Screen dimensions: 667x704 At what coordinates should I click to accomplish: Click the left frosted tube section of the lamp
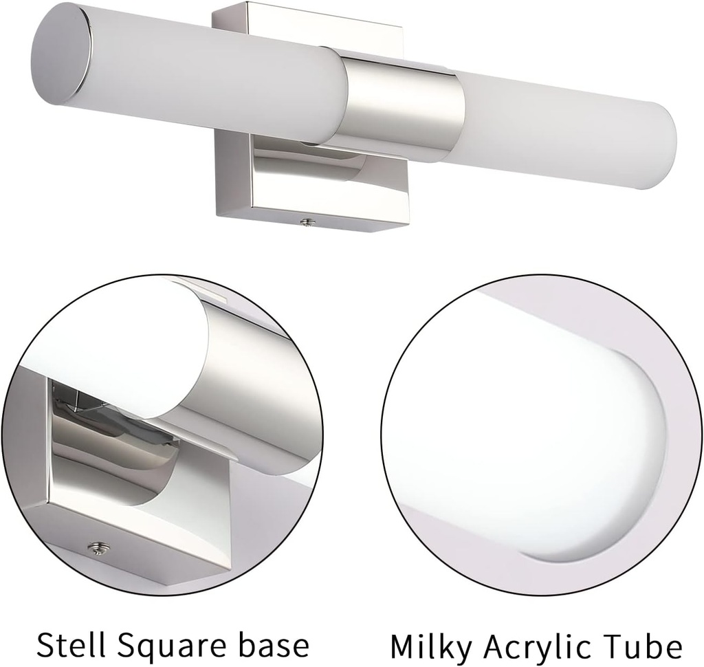coord(206,76)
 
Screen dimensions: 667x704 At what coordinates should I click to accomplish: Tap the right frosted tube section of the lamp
coord(557,127)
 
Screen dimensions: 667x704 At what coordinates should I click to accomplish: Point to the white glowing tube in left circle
coord(117,344)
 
